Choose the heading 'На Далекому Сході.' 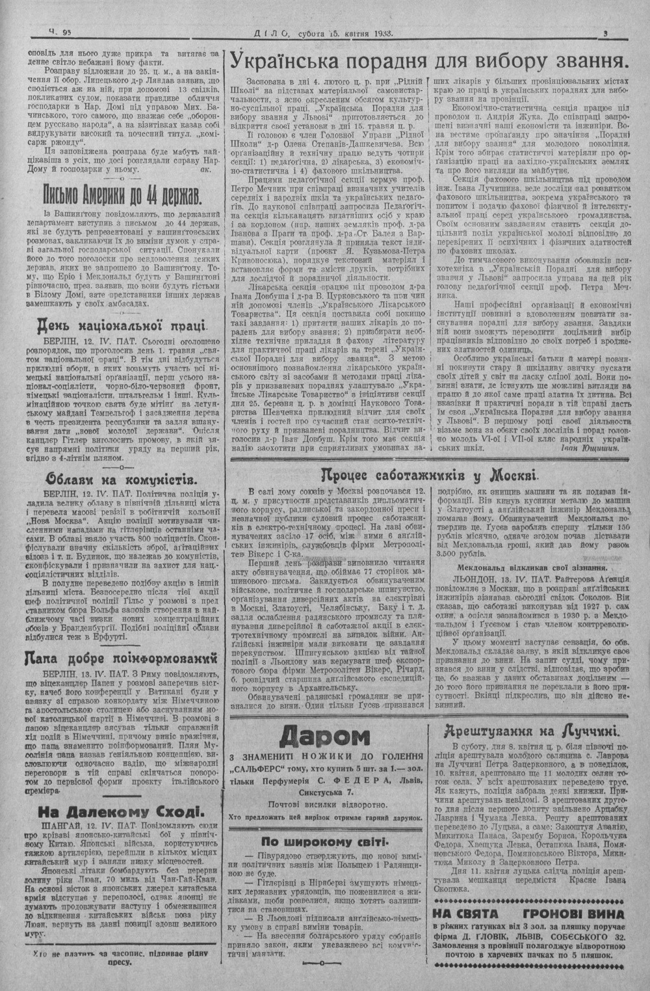[121, 811]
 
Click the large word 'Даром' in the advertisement [323, 737]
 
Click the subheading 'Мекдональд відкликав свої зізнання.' [533, 565]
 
